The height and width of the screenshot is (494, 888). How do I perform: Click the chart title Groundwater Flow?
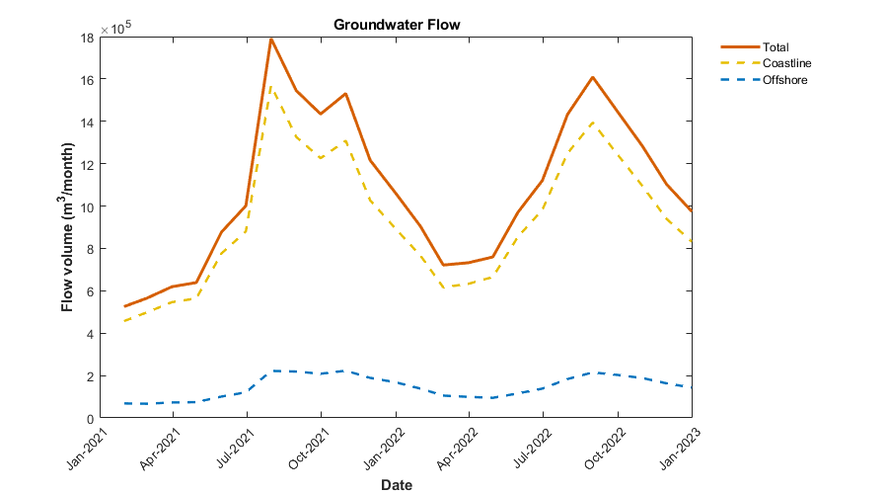click(x=397, y=24)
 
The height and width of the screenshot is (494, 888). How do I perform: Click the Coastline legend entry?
click(x=786, y=63)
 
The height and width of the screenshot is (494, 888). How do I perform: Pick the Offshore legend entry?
click(x=785, y=80)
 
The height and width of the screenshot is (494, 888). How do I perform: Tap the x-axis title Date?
click(x=397, y=485)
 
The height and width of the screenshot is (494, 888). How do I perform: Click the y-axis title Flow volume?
click(x=68, y=228)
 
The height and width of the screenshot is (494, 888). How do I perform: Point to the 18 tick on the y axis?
click(x=87, y=38)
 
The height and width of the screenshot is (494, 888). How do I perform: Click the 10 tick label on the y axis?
click(x=87, y=207)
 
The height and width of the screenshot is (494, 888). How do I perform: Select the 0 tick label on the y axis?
click(x=90, y=419)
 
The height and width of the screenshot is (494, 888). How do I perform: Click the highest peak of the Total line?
click(x=271, y=39)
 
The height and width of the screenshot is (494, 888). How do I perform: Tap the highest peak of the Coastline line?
click(x=271, y=86)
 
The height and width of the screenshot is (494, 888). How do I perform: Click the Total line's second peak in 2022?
click(x=592, y=77)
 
